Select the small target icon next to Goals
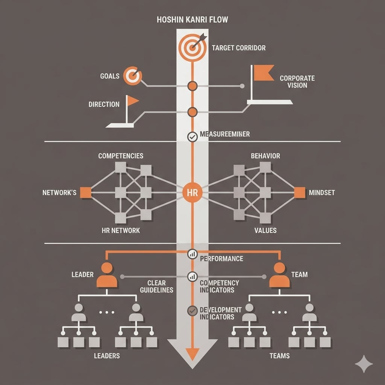click(x=132, y=76)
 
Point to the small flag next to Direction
click(x=132, y=101)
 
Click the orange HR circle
click(x=192, y=193)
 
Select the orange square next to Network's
click(x=86, y=192)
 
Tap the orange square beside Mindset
click(x=299, y=192)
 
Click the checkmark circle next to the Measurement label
click(x=192, y=137)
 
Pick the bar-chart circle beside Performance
click(x=192, y=255)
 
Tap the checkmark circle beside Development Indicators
click(x=192, y=311)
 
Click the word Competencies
click(x=120, y=156)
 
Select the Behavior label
click(x=265, y=156)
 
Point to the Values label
click(x=265, y=230)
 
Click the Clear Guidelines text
click(x=156, y=286)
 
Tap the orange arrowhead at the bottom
click(x=192, y=353)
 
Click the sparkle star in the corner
click(x=364, y=364)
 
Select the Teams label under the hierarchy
click(x=279, y=355)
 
